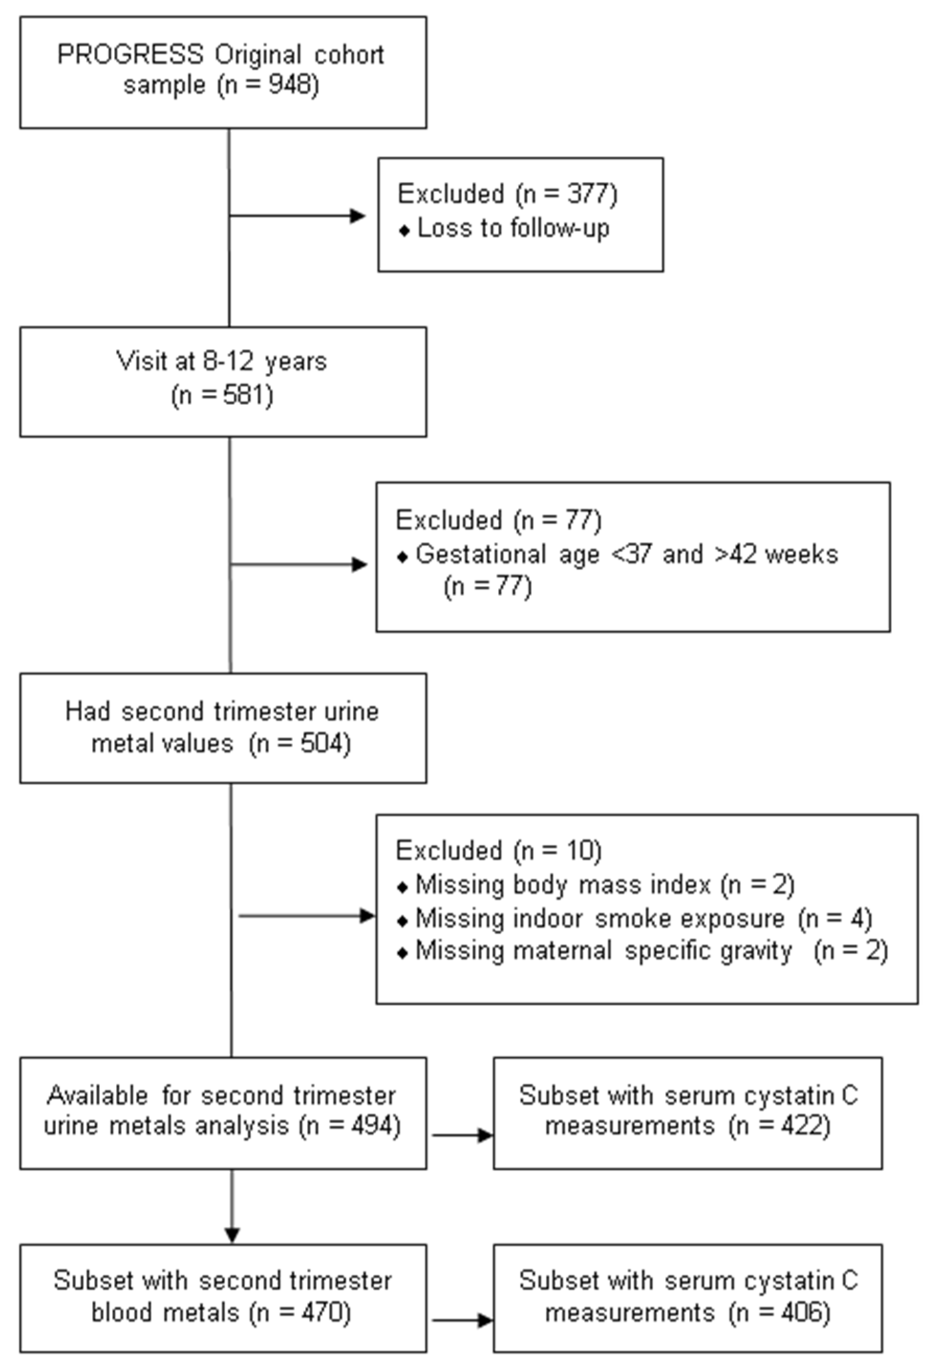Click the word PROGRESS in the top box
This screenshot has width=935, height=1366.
[x=130, y=54]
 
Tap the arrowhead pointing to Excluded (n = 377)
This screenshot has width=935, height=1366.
[x=358, y=216]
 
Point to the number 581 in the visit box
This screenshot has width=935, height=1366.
[x=242, y=395]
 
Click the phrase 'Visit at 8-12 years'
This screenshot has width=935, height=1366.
[x=222, y=361]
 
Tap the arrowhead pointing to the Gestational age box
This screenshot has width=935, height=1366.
[x=359, y=565]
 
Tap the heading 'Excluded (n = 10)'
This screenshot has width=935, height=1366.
[x=499, y=851]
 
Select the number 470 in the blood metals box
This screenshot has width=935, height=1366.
[x=321, y=1313]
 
